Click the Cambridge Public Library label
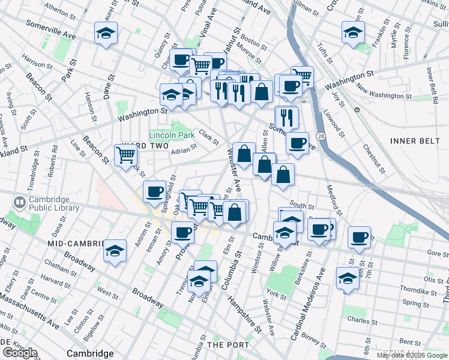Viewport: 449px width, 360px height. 53,203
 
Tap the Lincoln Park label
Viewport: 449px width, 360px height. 172,136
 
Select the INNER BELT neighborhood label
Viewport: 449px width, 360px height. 411,140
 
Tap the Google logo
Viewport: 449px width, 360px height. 20,353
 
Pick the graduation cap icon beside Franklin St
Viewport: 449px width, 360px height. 353,32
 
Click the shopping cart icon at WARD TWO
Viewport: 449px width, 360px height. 126,155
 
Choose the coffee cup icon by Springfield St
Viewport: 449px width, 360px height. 155,191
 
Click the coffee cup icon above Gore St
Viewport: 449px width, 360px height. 360,237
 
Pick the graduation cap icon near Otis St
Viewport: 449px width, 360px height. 347,278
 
